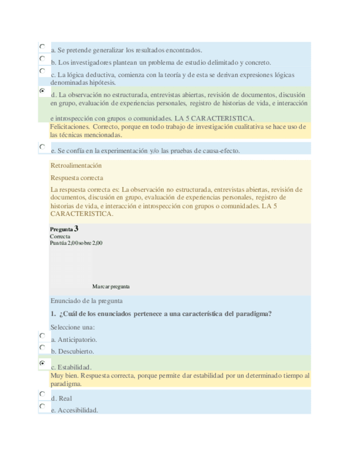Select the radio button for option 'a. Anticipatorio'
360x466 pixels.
[42, 335]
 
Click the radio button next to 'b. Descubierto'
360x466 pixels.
[42, 347]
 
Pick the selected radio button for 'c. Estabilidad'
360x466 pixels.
[42, 363]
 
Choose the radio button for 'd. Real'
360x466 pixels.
[42, 394]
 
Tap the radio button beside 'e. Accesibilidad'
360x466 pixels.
[42, 406]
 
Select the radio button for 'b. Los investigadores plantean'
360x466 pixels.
[42, 58]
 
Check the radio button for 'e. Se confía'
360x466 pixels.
[42, 146]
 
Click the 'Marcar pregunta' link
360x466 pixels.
[111, 286]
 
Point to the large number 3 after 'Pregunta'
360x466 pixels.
[76, 228]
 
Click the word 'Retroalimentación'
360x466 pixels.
[76, 165]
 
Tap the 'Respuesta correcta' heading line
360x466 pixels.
[76, 178]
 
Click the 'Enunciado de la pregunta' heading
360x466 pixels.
[86, 301]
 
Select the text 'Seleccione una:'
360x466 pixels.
[73, 327]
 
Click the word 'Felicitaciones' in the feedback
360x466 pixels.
[69, 127]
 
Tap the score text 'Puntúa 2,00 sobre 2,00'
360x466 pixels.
[76, 243]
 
